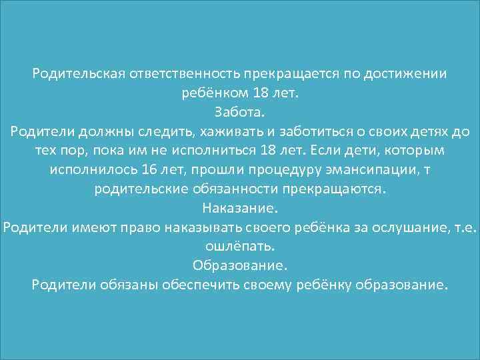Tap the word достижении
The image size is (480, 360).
click(x=405, y=73)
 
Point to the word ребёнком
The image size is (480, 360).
click(x=215, y=93)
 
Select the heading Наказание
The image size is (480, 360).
click(x=239, y=209)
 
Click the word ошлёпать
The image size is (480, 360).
click(x=239, y=247)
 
